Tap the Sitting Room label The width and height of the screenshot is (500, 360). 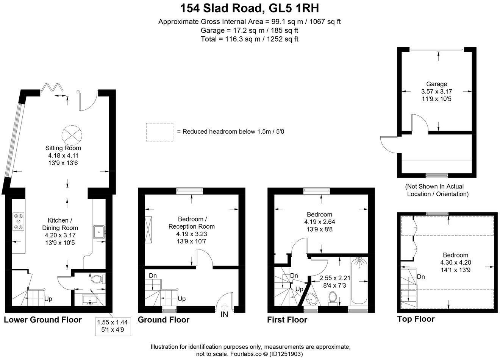63,148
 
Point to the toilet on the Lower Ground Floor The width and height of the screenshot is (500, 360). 97,279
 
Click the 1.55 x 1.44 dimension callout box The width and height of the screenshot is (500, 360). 113,326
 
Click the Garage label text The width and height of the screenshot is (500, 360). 436,84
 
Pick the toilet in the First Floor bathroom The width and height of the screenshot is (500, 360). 333,297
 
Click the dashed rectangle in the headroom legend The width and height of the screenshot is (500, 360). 159,132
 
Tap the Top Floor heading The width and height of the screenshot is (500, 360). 416,319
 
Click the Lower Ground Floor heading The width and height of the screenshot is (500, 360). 43,320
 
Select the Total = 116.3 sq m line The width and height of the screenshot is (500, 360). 249,39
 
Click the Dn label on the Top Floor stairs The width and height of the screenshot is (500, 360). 420,277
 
